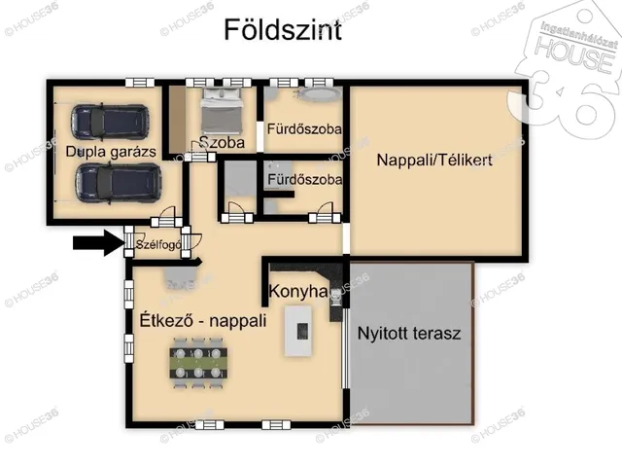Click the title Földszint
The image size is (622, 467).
(283, 29)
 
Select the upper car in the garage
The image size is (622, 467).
(110, 122)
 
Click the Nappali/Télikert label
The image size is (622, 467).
(434, 160)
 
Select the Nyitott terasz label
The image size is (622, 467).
(409, 333)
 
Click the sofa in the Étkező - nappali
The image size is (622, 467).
(184, 278)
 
